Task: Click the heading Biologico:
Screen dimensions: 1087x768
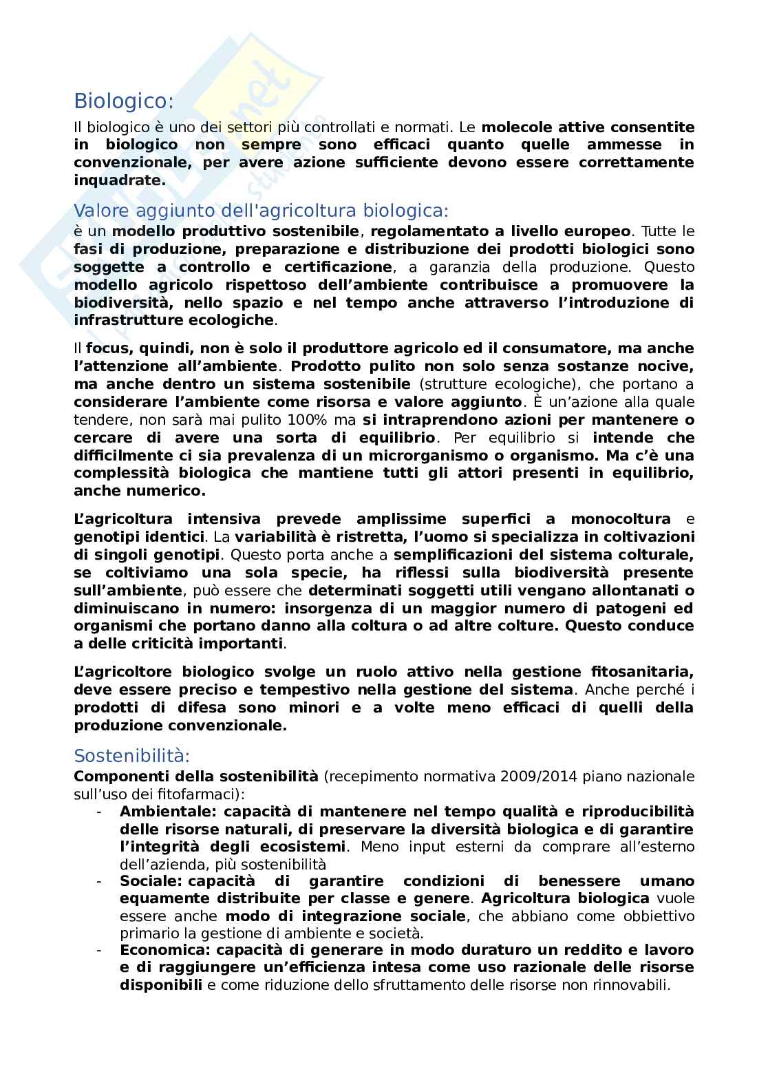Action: click(124, 101)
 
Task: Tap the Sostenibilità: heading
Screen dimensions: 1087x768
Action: click(131, 755)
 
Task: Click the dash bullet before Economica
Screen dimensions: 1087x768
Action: click(99, 950)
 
